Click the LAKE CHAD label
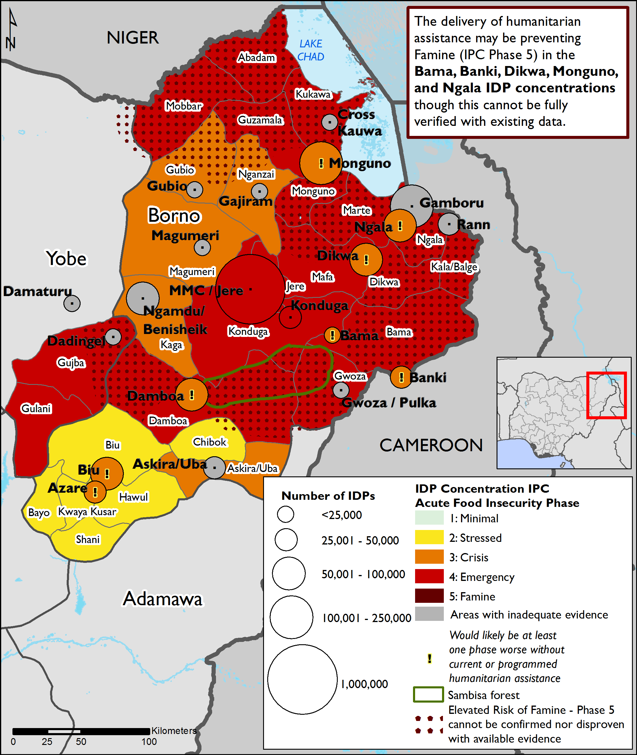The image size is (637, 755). coord(311,50)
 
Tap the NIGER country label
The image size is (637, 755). coord(132,38)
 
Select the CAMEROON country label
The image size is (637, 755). coord(431,445)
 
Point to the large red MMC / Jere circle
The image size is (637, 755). coord(250,289)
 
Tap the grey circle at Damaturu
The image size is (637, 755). coord(72,303)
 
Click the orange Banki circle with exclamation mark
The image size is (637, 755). coord(401,377)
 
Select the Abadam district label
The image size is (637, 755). coord(256,57)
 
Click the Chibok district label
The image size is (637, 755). coord(209,442)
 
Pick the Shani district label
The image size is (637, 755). coord(87,539)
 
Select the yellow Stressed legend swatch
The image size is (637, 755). coord(429,537)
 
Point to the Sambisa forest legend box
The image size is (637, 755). coord(428,695)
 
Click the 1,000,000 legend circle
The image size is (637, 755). coord(302,679)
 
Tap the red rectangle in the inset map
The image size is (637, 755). coord(606,395)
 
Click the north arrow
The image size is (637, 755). coord(12,31)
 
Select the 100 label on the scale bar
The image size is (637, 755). coord(149,742)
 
